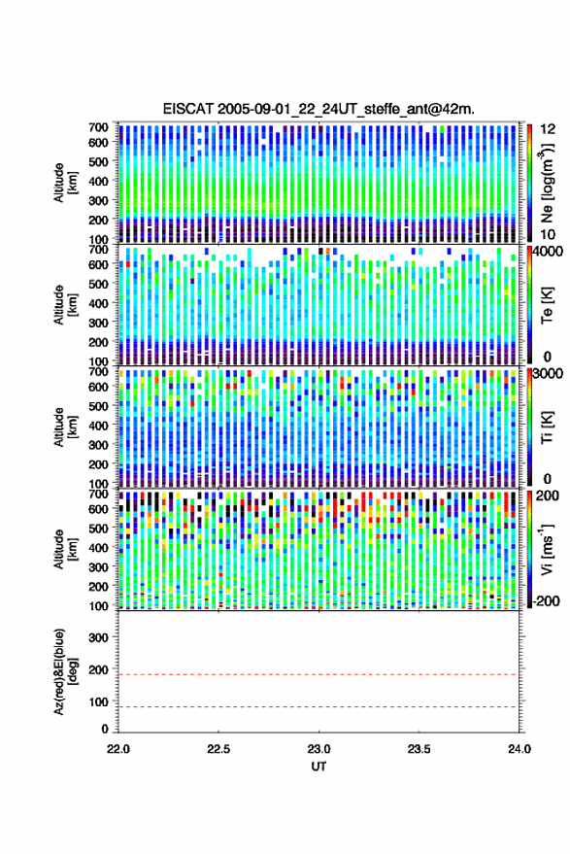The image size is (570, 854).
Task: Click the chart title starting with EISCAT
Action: tap(319, 109)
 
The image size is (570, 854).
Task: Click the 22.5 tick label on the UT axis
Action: tap(218, 749)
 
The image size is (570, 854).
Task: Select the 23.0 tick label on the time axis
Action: tap(319, 749)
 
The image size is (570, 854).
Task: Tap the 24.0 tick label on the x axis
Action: tap(519, 749)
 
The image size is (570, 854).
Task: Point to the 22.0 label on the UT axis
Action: tap(118, 749)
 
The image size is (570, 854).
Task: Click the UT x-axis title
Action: tap(319, 767)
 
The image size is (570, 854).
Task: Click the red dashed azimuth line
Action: tap(318, 674)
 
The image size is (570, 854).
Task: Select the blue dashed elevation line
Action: tap(318, 707)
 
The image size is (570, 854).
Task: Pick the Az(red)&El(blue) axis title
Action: tap(65, 671)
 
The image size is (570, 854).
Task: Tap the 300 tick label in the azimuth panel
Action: tap(98, 637)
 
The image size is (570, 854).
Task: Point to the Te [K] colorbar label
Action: tap(547, 305)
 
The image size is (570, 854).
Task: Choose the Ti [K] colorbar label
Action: tap(547, 427)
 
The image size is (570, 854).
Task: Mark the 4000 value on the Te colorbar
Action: tap(551, 253)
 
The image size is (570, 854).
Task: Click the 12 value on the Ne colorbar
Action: tap(548, 129)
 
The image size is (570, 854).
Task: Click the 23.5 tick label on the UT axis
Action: tap(419, 749)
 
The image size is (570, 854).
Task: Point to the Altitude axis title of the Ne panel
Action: tap(65, 183)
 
